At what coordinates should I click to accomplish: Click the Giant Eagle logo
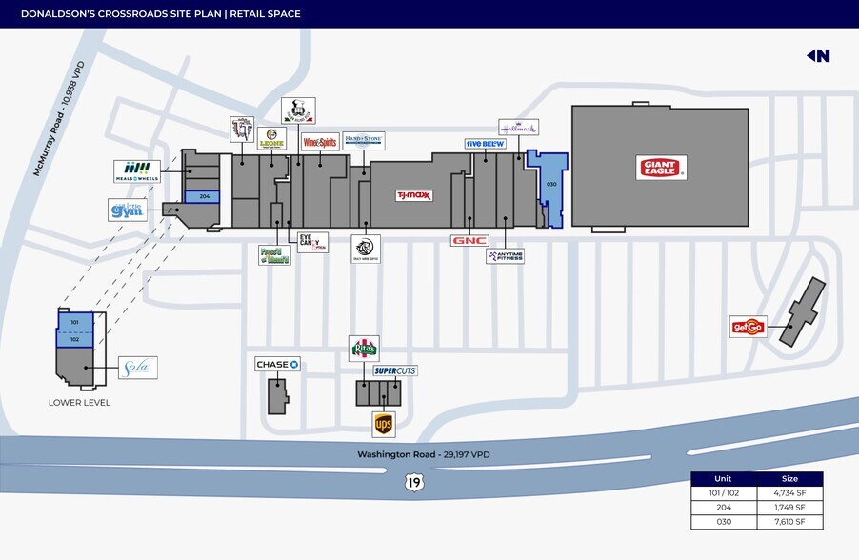click(661, 168)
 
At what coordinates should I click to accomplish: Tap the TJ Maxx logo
click(414, 195)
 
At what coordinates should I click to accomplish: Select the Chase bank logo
click(277, 364)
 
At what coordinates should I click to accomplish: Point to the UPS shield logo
click(383, 424)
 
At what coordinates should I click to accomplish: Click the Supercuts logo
click(395, 370)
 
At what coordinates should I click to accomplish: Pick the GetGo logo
click(748, 327)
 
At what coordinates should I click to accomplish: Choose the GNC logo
click(469, 240)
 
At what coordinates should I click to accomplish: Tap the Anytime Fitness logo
click(505, 255)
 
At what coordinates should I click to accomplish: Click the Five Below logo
click(485, 144)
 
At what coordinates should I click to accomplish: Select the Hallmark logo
click(519, 127)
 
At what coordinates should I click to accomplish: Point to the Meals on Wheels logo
click(136, 170)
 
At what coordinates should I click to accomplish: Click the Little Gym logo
click(128, 210)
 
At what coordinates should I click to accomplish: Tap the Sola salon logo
click(138, 368)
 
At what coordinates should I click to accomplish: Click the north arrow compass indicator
click(818, 55)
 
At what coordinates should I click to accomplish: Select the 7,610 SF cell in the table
click(789, 521)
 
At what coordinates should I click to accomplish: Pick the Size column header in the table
click(789, 479)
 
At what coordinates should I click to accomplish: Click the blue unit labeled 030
click(550, 184)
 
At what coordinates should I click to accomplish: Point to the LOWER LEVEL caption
click(79, 402)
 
